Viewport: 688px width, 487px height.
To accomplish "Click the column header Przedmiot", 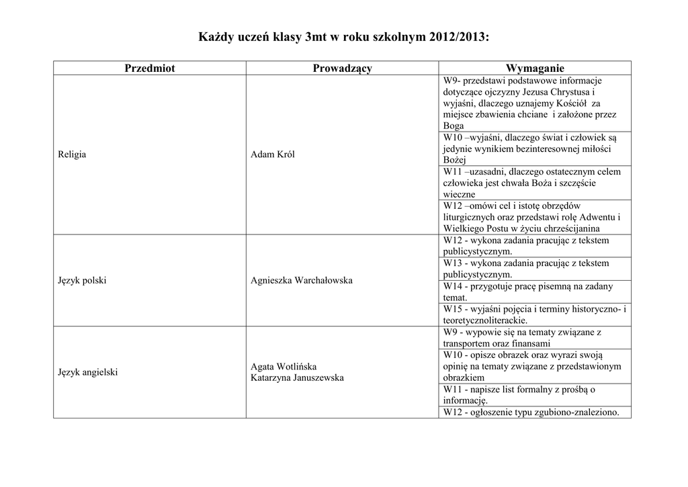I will click(x=150, y=68).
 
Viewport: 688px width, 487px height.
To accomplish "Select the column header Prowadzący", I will click(x=342, y=68).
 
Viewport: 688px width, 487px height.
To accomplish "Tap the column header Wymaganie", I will click(x=535, y=68).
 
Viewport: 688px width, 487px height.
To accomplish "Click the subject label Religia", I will click(x=72, y=154).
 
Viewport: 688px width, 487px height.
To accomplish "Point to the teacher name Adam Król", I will click(x=273, y=154).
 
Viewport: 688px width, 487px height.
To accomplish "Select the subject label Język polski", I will click(x=83, y=280).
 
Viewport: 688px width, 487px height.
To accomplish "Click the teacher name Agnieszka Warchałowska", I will click(x=302, y=280).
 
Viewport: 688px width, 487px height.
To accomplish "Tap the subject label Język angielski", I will click(x=88, y=371).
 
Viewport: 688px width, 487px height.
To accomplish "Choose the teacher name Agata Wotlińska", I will click(x=284, y=366).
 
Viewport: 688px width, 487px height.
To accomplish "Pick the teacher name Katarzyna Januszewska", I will click(x=297, y=378).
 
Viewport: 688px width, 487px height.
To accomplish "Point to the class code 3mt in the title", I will click(x=316, y=36).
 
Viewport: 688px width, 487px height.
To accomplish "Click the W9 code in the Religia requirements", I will click(x=450, y=81).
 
